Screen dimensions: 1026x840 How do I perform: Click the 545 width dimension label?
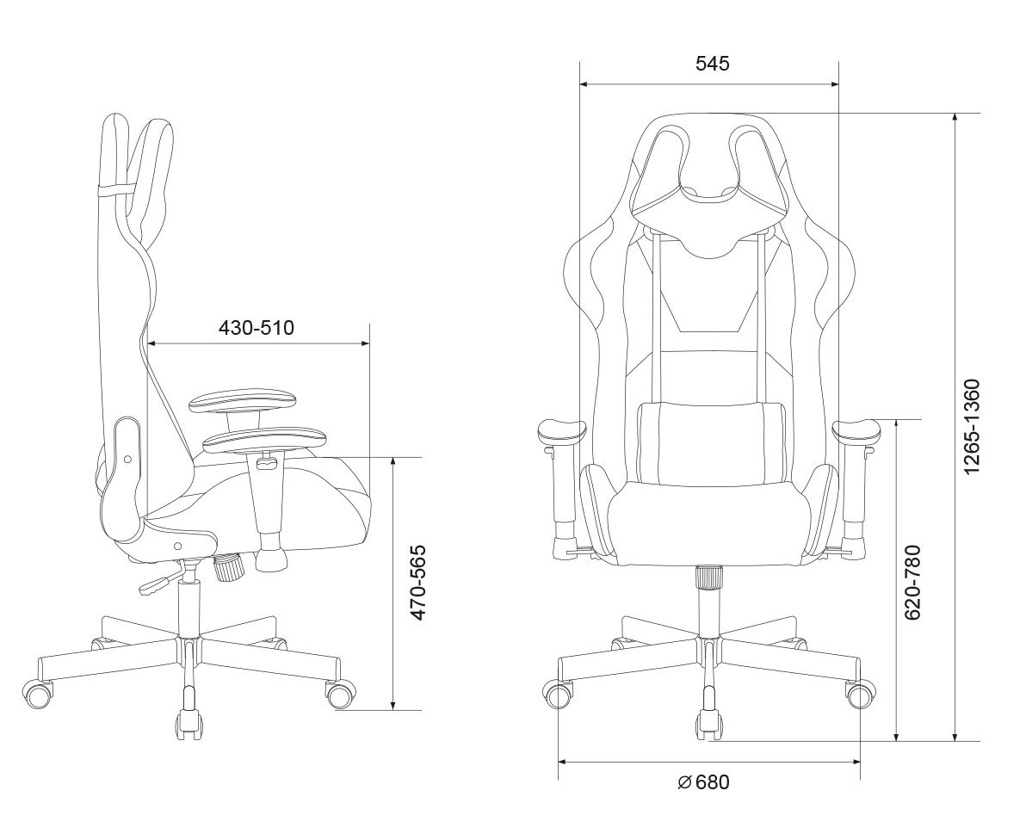[x=712, y=64]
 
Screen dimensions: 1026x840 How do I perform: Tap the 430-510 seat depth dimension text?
[x=256, y=327]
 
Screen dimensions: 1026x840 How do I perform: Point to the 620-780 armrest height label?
[x=912, y=582]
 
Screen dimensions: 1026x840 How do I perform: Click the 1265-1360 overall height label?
[x=972, y=426]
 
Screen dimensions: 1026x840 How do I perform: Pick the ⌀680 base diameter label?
[x=703, y=781]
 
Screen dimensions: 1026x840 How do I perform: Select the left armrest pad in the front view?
[x=560, y=432]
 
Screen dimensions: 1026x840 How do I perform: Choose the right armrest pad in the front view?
[x=857, y=432]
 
